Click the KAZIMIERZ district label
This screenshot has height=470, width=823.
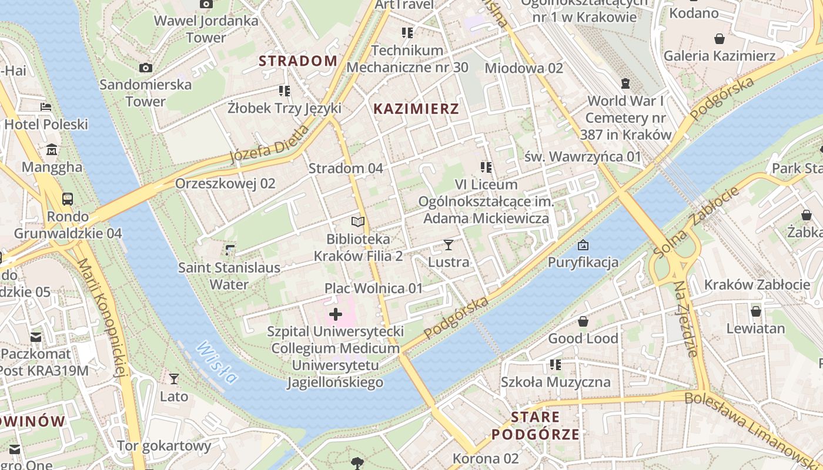point(416,109)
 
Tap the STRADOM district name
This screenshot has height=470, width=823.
point(298,61)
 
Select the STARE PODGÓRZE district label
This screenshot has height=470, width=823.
point(536,426)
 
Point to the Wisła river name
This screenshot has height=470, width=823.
point(217,362)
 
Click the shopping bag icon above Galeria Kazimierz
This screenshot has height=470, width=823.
point(719,39)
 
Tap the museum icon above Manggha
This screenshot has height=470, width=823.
point(52,150)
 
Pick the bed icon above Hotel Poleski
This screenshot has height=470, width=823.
point(46,107)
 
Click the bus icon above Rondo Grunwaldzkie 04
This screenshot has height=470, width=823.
point(68,199)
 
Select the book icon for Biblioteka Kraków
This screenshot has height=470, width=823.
point(358,221)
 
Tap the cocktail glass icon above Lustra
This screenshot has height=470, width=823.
point(449,244)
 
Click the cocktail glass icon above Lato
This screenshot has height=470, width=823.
point(174,378)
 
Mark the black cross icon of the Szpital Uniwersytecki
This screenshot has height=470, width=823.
point(336,314)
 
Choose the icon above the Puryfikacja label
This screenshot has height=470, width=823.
point(583,244)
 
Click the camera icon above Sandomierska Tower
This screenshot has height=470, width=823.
point(146,68)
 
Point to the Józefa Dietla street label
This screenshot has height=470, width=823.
point(269,145)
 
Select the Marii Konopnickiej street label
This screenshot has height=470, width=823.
point(104,317)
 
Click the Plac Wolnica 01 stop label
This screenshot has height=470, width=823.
point(373,288)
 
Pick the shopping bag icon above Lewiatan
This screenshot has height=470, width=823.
point(756,311)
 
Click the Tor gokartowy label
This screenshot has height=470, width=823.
point(164,446)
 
